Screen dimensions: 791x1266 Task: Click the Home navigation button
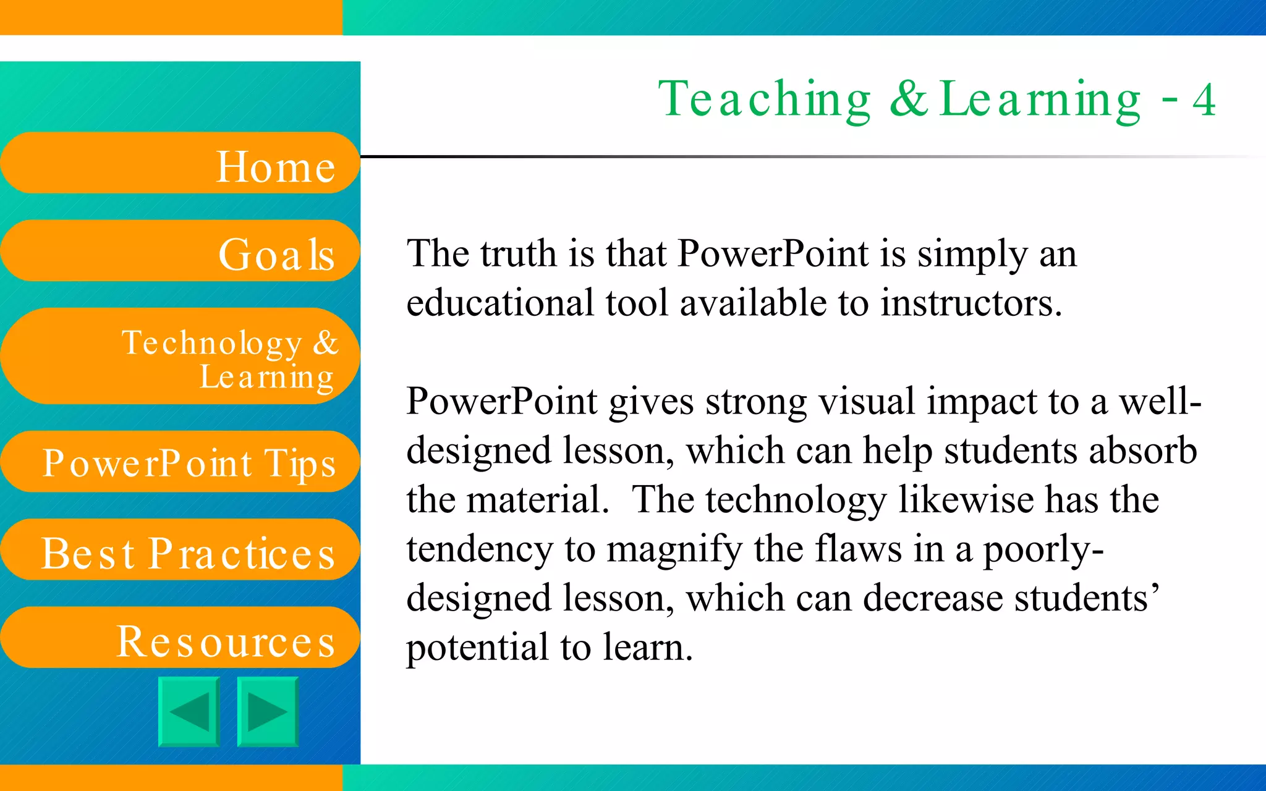click(x=179, y=163)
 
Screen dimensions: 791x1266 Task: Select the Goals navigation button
click(x=179, y=251)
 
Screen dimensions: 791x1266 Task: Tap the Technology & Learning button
click(x=179, y=357)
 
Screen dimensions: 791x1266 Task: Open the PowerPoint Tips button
click(x=179, y=462)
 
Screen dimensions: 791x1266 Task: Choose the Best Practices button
click(x=179, y=550)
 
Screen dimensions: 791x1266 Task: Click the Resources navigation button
click(x=179, y=638)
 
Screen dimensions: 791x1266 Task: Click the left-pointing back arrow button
click(x=189, y=712)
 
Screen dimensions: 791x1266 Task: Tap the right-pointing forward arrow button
click(x=268, y=712)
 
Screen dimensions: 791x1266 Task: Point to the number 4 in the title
click(x=1204, y=100)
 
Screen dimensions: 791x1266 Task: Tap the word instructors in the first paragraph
click(x=971, y=303)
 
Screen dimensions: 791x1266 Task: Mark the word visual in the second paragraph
click(x=866, y=401)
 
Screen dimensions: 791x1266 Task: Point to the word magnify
click(x=673, y=549)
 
